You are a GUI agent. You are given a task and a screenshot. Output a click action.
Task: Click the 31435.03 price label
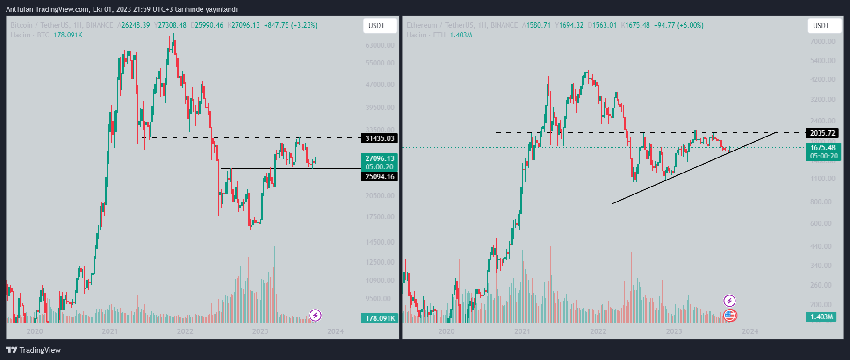pos(380,138)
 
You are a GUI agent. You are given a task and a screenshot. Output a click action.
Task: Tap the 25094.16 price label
pos(380,177)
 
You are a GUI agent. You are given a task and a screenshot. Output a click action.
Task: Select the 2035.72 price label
pos(822,133)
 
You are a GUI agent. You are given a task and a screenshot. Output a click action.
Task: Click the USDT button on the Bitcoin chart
pos(377,26)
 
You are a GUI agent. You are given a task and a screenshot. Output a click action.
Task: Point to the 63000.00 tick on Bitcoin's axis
pos(380,45)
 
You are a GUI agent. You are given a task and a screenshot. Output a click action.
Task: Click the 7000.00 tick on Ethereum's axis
pos(822,42)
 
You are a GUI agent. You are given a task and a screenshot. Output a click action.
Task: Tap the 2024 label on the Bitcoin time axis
pos(336,331)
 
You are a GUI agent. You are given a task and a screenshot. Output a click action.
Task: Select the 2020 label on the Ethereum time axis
pos(446,331)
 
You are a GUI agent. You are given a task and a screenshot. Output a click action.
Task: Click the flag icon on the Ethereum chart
pos(730,316)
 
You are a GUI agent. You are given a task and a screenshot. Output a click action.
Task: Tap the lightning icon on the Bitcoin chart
pos(316,316)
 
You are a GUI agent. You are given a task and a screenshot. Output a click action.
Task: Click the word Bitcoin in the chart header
pos(22,25)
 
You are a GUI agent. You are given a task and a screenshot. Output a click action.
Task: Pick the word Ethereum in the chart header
pos(422,25)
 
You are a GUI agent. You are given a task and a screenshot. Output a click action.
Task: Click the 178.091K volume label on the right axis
pos(380,318)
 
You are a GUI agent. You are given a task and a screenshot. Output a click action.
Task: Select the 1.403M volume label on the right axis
pos(821,317)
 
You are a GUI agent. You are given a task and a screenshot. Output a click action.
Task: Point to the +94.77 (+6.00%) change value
pos(678,25)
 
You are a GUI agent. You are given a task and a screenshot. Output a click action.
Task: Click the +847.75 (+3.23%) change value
pos(290,25)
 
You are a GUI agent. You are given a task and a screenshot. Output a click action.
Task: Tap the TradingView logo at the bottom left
pos(34,350)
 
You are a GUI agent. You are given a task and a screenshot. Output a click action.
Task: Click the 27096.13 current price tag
pos(380,158)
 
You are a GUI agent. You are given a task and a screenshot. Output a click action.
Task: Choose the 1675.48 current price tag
pos(822,148)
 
